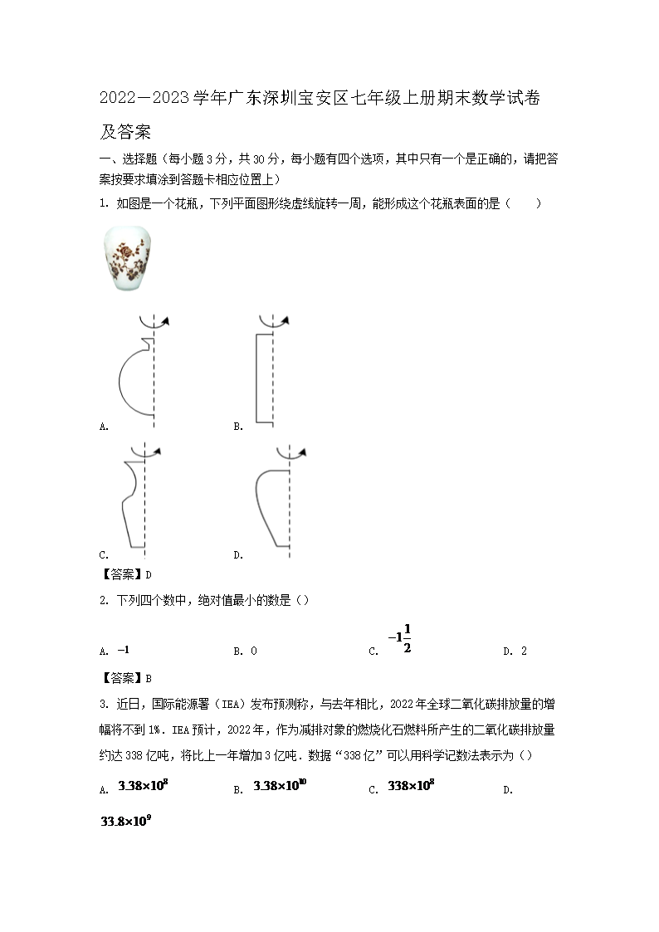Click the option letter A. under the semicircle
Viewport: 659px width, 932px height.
104,427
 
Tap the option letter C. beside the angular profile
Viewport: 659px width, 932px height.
104,555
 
